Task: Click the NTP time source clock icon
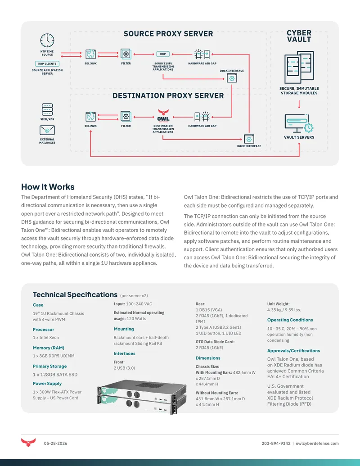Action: point(47,41)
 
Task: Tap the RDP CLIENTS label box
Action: point(47,63)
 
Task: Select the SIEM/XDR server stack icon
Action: point(47,110)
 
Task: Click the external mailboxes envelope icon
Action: point(47,130)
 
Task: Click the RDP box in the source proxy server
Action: point(163,54)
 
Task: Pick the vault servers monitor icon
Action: point(299,123)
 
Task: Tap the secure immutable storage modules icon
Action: point(299,68)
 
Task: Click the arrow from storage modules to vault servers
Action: point(299,104)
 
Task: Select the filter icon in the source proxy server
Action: point(126,54)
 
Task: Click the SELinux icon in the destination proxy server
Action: point(90,117)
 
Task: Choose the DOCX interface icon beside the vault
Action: point(249,139)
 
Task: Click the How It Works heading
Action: point(48,187)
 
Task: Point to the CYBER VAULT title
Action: point(299,36)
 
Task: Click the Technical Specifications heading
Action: point(75,294)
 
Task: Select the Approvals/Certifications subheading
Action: point(293,351)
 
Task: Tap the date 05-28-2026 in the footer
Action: point(55,443)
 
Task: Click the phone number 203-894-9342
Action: point(276,443)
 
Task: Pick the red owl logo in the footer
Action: point(28,442)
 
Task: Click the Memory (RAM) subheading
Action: point(49,348)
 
